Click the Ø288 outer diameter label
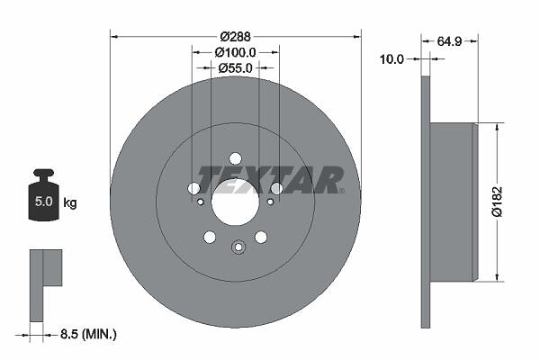(236, 36)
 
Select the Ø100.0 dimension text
(235, 52)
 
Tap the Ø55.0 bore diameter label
(235, 68)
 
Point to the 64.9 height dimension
(449, 41)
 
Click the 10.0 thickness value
(391, 59)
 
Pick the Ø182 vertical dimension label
(497, 202)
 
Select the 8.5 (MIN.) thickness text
(88, 334)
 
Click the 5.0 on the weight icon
(44, 202)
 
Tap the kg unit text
(70, 202)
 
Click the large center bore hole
(235, 202)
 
